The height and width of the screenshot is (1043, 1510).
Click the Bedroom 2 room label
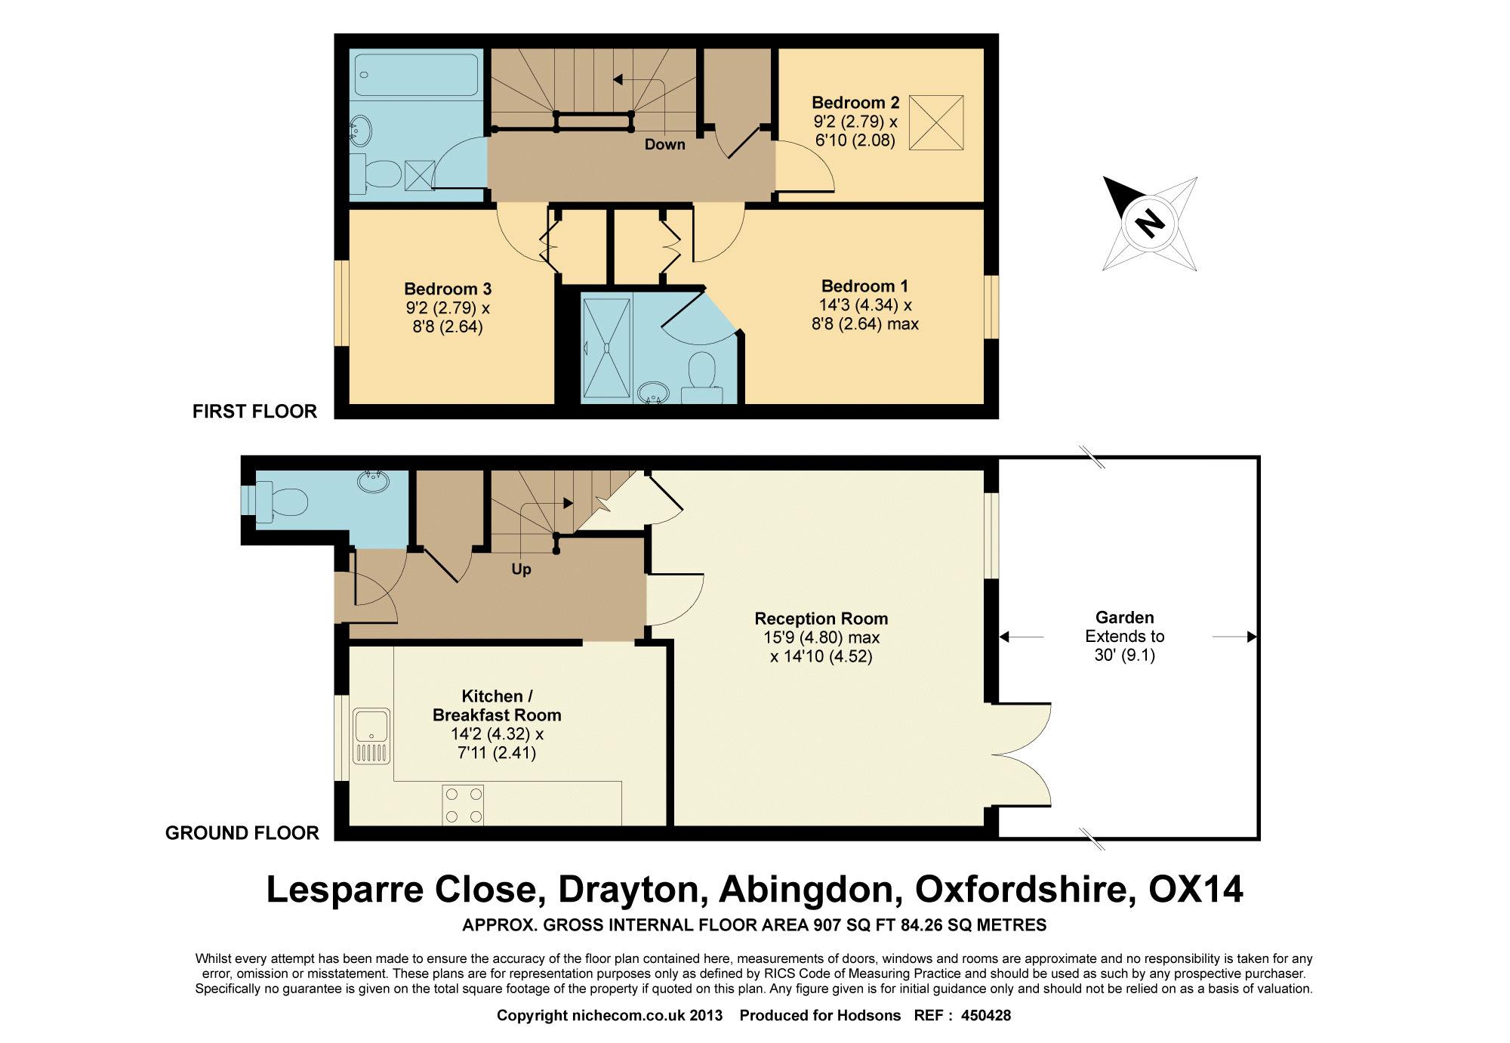tap(855, 103)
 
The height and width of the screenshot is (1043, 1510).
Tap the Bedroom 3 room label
tap(448, 289)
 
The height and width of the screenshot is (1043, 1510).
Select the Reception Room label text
tap(821, 619)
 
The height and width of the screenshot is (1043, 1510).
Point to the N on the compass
tap(1150, 224)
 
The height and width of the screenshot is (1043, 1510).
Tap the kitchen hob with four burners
tap(463, 805)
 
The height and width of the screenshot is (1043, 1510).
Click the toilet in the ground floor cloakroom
tap(282, 501)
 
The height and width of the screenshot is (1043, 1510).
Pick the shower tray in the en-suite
tap(606, 347)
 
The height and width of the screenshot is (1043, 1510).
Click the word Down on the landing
tap(664, 144)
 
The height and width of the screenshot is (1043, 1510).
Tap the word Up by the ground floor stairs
tap(521, 569)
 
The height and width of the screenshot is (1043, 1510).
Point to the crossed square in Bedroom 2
tap(936, 122)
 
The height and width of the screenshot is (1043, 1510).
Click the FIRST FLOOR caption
tap(254, 412)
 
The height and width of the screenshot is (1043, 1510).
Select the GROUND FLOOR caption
tap(242, 833)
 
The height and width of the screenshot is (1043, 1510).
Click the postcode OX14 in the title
tap(1195, 890)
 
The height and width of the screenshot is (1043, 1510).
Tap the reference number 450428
tap(985, 1016)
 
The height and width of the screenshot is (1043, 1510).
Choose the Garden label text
tap(1125, 618)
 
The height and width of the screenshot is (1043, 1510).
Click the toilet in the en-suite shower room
tap(702, 376)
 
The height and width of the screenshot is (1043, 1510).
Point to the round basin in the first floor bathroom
tap(362, 131)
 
